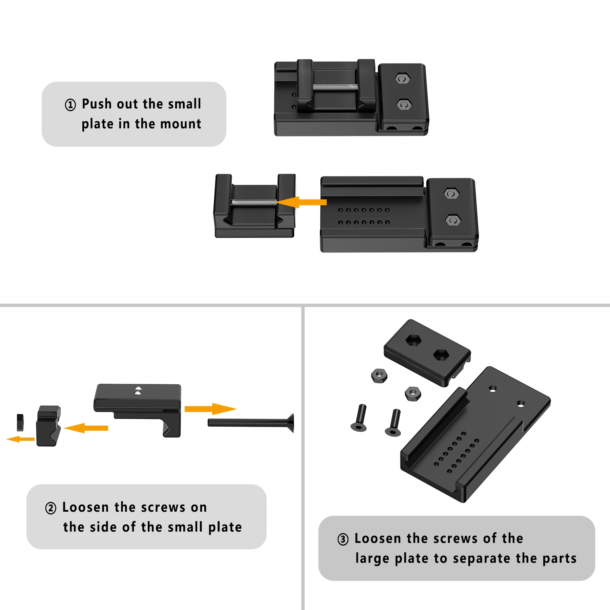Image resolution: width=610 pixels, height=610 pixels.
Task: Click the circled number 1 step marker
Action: (70, 105)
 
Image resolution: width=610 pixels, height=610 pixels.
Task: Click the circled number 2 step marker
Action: (51, 508)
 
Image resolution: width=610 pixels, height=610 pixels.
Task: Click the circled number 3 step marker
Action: (343, 539)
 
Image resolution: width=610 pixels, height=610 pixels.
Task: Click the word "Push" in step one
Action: (97, 104)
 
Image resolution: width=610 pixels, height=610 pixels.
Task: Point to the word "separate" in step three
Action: (482, 559)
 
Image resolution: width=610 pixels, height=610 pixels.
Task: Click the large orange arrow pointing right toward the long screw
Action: (210, 409)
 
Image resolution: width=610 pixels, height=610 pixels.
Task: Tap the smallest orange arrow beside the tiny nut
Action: (20, 439)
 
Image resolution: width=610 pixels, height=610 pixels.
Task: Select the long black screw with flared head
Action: (251, 423)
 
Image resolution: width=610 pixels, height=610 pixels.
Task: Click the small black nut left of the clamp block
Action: (20, 423)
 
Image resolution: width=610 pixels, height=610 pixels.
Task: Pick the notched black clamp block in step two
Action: (48, 426)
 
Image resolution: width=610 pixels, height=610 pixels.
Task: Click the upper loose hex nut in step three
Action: (379, 376)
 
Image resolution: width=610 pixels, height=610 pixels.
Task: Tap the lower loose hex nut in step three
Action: (413, 394)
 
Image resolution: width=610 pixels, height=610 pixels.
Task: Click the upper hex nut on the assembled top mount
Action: (403, 79)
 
